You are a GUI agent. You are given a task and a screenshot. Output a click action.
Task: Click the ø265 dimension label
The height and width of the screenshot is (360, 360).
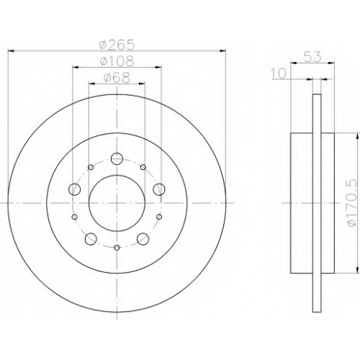(117, 45)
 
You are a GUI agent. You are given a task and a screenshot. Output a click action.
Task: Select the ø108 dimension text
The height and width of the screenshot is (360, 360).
(117, 61)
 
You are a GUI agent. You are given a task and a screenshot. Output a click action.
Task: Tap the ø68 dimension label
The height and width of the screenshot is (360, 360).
(117, 77)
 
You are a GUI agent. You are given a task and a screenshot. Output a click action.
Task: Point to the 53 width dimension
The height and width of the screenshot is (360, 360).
(312, 57)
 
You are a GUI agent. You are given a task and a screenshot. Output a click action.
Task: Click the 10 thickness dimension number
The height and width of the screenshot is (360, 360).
(279, 73)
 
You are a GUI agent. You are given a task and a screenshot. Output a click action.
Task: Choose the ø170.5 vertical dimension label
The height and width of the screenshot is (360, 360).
(352, 203)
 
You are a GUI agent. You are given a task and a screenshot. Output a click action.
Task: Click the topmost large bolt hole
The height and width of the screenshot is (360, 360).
(117, 158)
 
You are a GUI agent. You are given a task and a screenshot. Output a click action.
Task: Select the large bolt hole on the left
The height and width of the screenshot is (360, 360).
(75, 189)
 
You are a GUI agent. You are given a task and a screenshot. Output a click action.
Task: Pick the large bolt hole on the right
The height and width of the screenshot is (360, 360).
(159, 189)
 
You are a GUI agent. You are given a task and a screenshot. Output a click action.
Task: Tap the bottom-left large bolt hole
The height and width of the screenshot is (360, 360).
(91, 239)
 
